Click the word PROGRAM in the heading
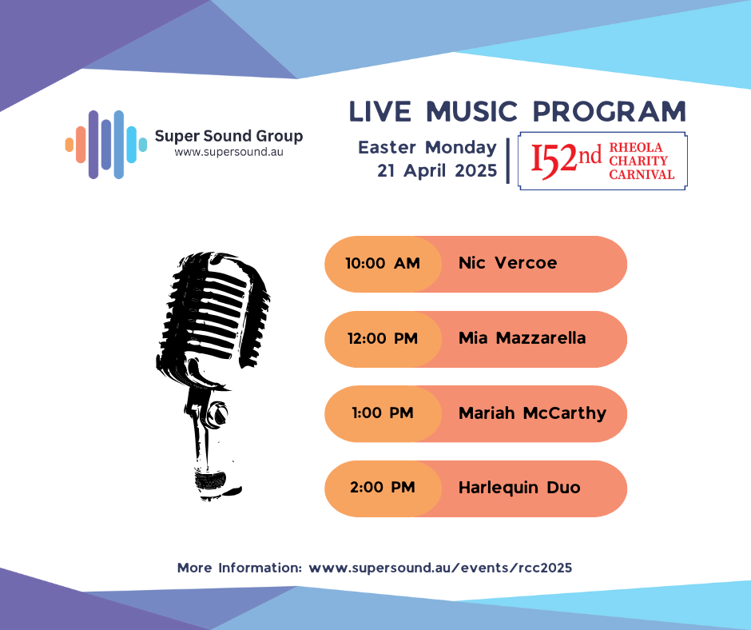pos(610,112)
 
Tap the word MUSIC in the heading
pos(471,112)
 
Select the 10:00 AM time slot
pos(383,263)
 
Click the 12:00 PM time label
pos(383,338)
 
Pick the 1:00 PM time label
pos(383,413)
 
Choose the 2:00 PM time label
pos(383,488)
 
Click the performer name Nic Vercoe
pos(507,263)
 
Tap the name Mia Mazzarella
pos(522,338)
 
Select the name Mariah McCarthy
pos(533,413)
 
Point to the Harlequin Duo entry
pos(519,488)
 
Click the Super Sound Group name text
pos(229,137)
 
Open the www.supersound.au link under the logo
pos(229,153)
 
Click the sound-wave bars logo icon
pos(105,145)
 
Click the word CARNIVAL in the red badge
pos(642,174)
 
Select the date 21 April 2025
pos(437,170)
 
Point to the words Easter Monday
pos(427,148)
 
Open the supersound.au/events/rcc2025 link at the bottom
pos(440,568)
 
